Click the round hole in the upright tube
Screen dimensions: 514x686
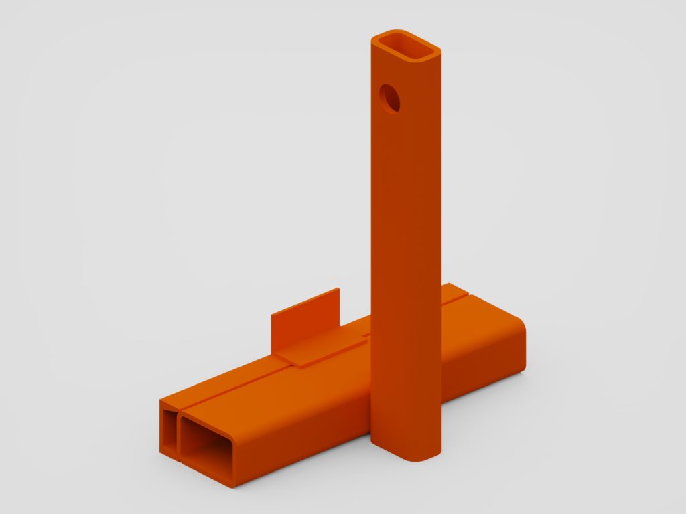[x=389, y=98]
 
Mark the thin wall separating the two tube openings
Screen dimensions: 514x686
[x=178, y=435]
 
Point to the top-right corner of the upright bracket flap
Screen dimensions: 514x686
[x=339, y=289]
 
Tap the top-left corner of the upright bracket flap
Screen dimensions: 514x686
[x=272, y=313]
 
